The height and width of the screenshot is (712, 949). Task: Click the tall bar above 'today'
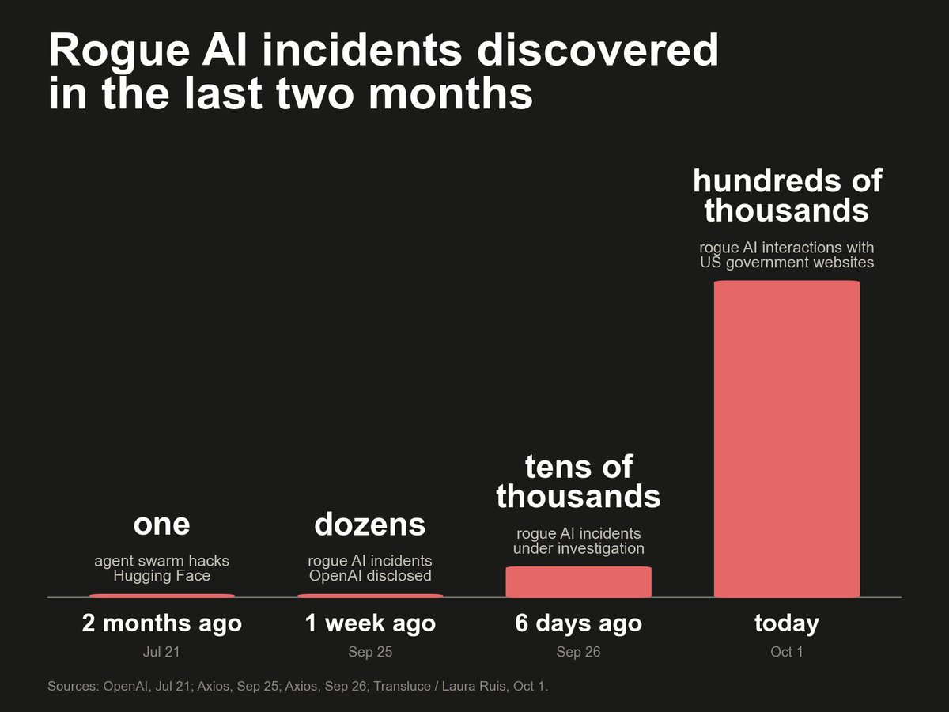pyautogui.click(x=786, y=439)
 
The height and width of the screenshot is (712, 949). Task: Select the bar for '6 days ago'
pyautogui.click(x=578, y=582)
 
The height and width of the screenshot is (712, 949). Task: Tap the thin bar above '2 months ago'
pyautogui.click(x=162, y=596)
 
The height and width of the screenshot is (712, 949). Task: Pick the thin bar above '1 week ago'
pyautogui.click(x=370, y=596)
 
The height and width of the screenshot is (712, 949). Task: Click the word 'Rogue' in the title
pyautogui.click(x=119, y=51)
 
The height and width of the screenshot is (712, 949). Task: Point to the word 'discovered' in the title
pyautogui.click(x=598, y=50)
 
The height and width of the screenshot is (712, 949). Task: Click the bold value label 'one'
pyautogui.click(x=161, y=525)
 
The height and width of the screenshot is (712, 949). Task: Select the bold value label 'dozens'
pyautogui.click(x=370, y=524)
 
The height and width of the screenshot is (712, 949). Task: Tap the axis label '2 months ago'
pyautogui.click(x=161, y=623)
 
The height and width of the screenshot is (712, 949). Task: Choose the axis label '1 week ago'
pyautogui.click(x=370, y=623)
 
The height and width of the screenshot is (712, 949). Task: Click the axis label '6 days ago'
pyautogui.click(x=578, y=623)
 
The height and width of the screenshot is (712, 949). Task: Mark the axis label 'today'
pyautogui.click(x=787, y=623)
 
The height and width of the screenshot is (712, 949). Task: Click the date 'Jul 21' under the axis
pyautogui.click(x=161, y=652)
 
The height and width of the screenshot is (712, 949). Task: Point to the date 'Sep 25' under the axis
pyautogui.click(x=370, y=652)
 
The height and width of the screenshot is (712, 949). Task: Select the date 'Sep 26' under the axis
pyautogui.click(x=578, y=652)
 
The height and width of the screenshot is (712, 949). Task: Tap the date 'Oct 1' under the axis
pyautogui.click(x=787, y=652)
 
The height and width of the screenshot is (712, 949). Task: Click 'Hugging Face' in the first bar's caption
pyautogui.click(x=161, y=576)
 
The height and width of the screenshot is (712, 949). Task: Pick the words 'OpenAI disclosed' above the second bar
pyautogui.click(x=370, y=576)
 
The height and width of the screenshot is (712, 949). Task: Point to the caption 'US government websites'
pyautogui.click(x=787, y=263)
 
